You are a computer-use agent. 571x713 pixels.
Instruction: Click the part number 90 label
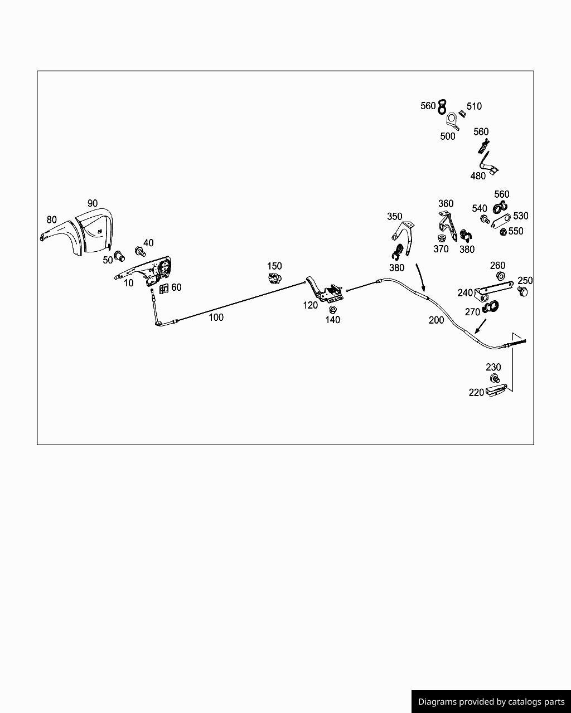click(x=93, y=203)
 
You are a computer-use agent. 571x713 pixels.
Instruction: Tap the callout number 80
click(x=51, y=219)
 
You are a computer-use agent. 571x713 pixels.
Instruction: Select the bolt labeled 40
click(x=140, y=251)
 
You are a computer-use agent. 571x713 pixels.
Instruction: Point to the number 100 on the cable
click(x=216, y=318)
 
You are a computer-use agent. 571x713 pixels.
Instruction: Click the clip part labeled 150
click(x=274, y=279)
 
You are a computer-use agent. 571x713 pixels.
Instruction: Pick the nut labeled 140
click(x=332, y=310)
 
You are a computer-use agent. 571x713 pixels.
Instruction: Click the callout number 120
click(x=310, y=305)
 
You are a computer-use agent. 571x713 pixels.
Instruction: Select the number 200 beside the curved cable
click(x=436, y=320)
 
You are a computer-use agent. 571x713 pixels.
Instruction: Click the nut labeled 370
click(x=442, y=237)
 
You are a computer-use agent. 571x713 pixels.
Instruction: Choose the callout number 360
click(x=446, y=203)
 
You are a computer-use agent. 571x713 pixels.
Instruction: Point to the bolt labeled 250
click(x=523, y=291)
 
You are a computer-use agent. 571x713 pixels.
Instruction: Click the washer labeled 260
click(x=500, y=275)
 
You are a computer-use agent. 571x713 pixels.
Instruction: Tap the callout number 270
click(x=472, y=312)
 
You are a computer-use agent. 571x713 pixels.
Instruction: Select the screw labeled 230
click(x=495, y=378)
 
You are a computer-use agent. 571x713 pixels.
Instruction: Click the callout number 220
click(x=476, y=393)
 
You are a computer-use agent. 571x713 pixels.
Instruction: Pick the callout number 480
click(x=478, y=176)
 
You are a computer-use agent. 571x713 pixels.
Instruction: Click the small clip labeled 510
click(x=462, y=114)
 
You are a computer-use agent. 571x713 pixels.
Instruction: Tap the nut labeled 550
click(x=504, y=232)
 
